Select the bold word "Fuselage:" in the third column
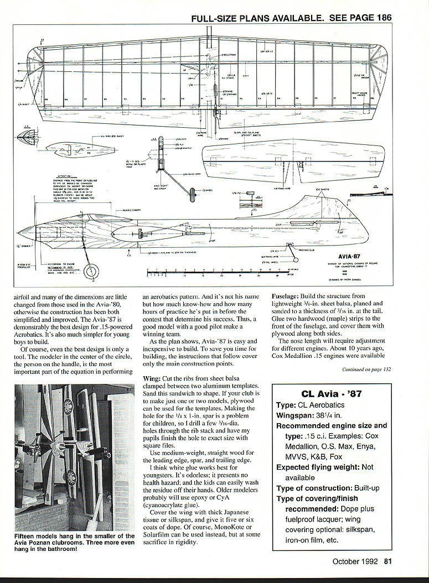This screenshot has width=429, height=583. (x=288, y=296)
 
